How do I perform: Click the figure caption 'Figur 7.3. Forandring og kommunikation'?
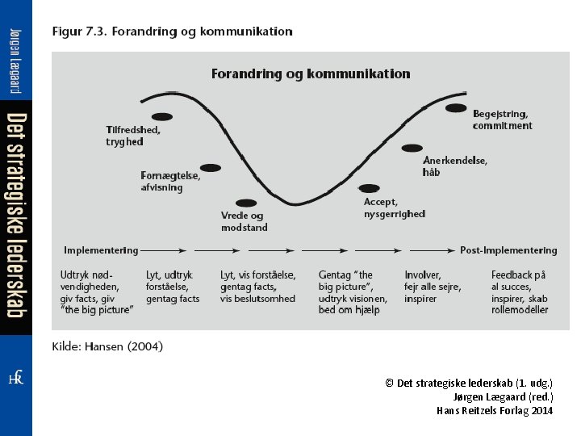(172, 32)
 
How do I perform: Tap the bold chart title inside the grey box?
(311, 73)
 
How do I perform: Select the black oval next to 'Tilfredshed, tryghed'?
(162, 117)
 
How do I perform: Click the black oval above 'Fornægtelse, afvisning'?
(211, 167)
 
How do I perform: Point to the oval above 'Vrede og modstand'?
(246, 203)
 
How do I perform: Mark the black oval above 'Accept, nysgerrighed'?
(369, 188)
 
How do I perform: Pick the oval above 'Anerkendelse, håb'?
(412, 148)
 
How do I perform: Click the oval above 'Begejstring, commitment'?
(456, 107)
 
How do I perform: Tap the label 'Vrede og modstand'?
(245, 222)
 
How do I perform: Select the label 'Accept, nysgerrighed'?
(394, 208)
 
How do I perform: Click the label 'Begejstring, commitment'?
(502, 119)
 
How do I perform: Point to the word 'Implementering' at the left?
(101, 250)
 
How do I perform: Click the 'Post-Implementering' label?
(508, 250)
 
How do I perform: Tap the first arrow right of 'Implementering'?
(165, 250)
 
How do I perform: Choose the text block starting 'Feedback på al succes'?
(520, 292)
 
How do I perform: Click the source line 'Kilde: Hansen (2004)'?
(107, 346)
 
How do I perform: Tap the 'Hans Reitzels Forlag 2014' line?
(495, 410)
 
